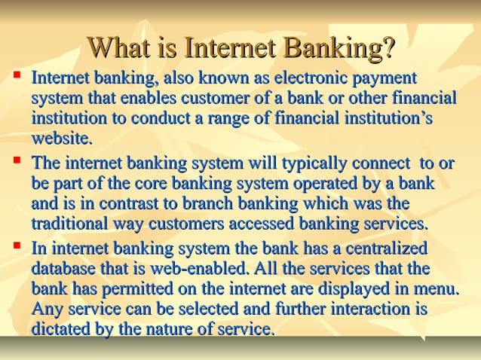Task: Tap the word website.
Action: tap(62, 139)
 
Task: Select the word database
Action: tap(64, 269)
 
